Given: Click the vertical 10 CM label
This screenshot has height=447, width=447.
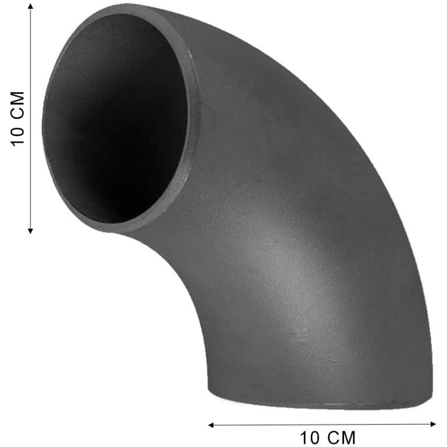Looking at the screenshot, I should tap(18, 118).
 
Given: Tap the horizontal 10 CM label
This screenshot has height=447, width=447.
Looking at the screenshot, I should tap(328, 437).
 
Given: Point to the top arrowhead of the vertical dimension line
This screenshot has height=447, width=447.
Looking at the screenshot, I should tap(30, 5).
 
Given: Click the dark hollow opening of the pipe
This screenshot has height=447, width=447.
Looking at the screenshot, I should tap(113, 116).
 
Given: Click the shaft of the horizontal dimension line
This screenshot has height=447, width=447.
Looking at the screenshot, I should tap(262, 424).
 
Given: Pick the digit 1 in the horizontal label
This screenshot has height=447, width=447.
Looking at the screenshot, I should tap(304, 437).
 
